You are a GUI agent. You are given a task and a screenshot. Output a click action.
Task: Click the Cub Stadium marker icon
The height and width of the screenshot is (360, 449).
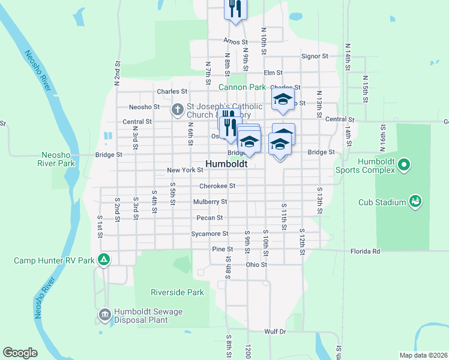414,202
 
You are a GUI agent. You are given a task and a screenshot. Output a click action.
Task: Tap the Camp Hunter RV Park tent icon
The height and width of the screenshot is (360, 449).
104,260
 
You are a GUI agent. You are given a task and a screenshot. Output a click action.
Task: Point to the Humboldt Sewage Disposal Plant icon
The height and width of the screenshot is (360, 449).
104,314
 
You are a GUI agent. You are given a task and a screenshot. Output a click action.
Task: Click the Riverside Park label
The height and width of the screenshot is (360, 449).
177,292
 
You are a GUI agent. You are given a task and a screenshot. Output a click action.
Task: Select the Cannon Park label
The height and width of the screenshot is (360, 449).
242,87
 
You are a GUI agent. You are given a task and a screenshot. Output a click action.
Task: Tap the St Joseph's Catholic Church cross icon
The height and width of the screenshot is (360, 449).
177,110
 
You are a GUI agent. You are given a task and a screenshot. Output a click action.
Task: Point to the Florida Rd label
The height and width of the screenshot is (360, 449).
367,251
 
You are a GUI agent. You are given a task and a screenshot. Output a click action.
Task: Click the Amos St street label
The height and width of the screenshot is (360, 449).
235,42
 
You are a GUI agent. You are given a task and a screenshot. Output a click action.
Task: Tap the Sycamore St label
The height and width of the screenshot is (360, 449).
209,233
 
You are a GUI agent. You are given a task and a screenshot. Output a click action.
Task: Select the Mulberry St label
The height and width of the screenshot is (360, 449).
210,202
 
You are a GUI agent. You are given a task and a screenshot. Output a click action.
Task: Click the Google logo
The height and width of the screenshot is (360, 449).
20,352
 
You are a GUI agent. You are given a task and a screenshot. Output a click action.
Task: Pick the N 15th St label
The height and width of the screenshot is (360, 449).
365,88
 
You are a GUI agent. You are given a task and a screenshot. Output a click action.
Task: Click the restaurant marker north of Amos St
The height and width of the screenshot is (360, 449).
235,10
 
